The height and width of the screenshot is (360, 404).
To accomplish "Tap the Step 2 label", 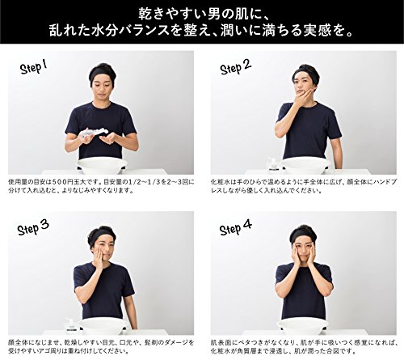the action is coord(236,67).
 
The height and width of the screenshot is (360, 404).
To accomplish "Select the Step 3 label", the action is coord(33,228).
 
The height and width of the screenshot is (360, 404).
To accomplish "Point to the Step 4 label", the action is coord(236,228).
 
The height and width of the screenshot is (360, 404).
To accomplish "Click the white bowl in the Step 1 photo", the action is coord(102,167).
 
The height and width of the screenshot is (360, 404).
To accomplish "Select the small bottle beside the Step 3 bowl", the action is coord(70,326).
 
